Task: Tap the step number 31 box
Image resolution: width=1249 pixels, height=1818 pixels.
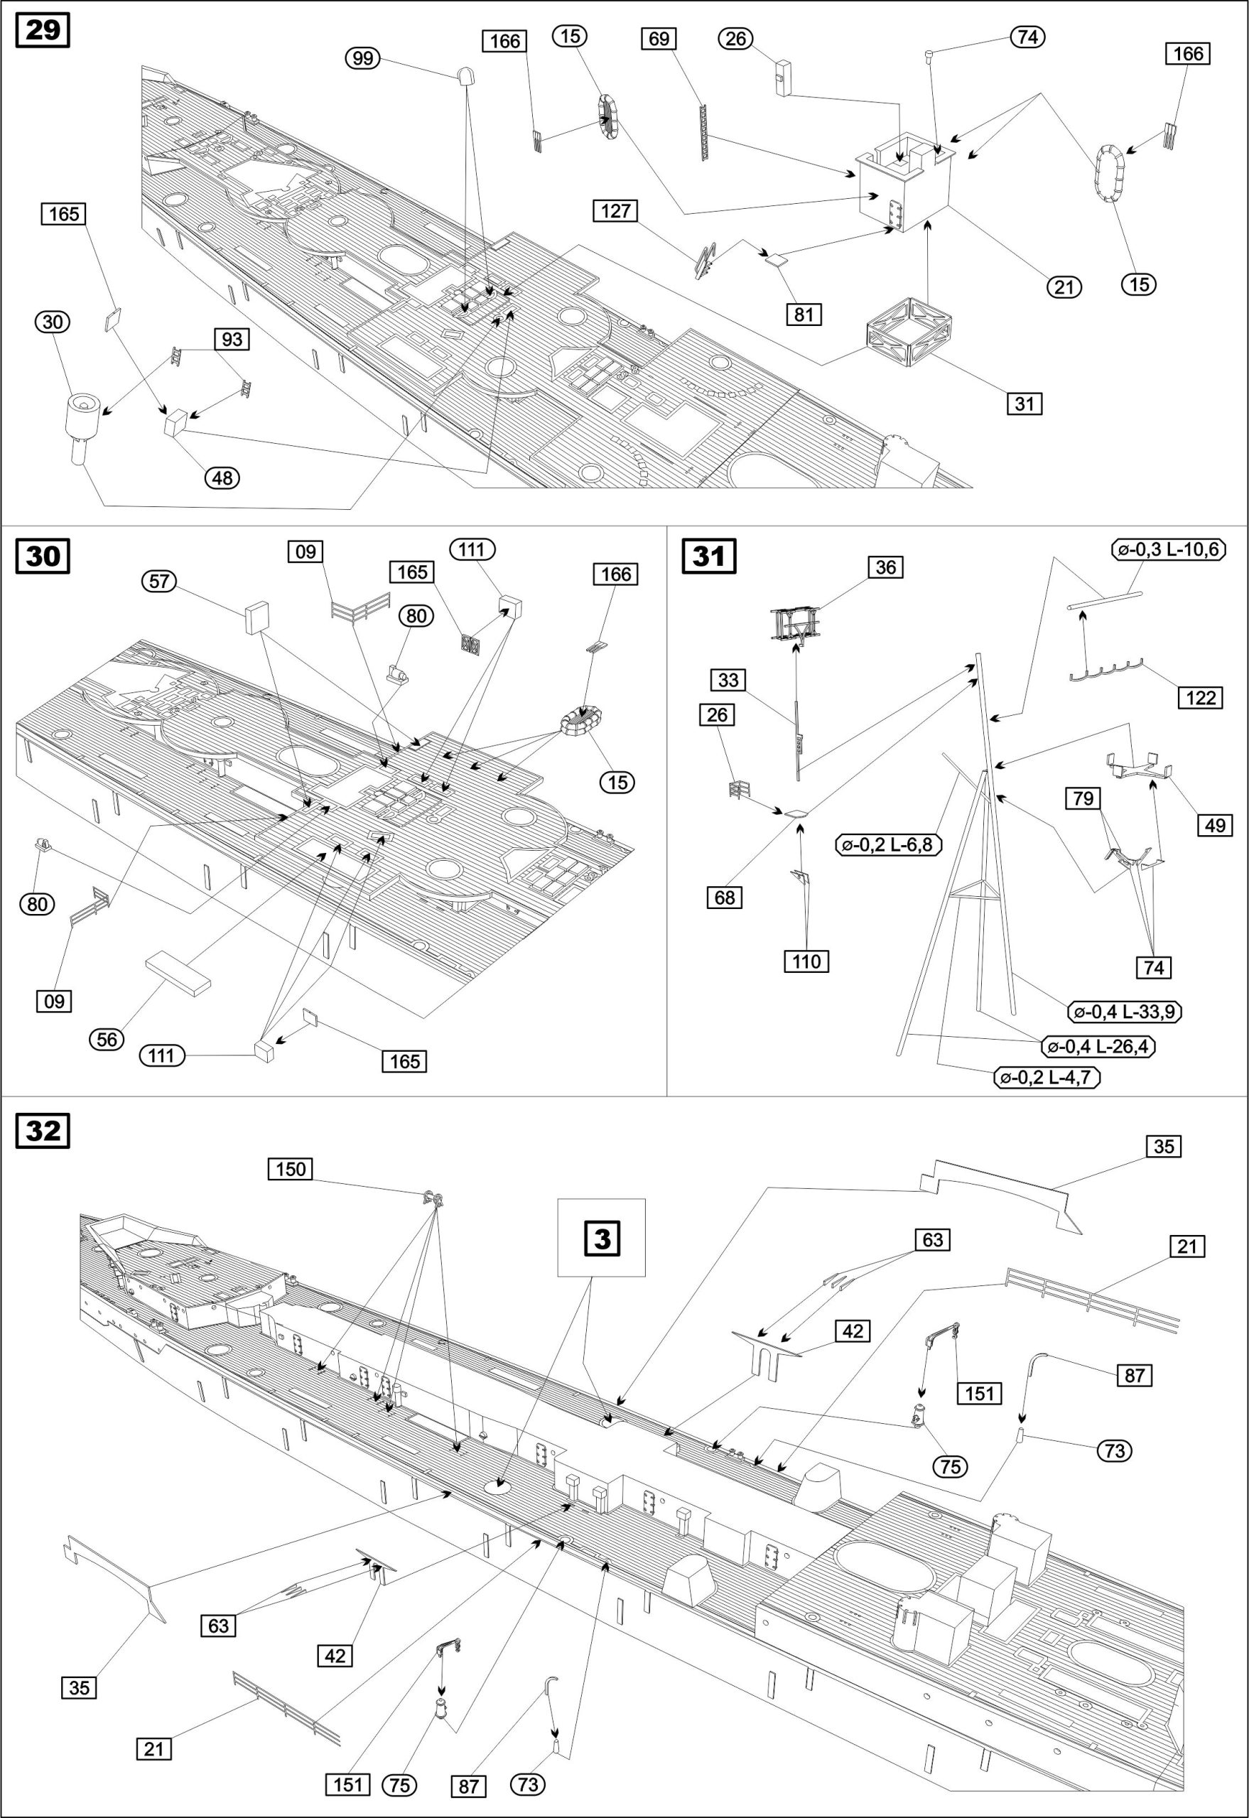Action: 709,555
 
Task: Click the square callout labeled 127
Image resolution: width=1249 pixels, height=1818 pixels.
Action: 616,211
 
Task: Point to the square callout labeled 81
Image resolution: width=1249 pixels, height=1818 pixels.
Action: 804,314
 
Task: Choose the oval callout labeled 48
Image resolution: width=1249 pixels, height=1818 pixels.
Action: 223,477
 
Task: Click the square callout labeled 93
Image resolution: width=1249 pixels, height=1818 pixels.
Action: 232,339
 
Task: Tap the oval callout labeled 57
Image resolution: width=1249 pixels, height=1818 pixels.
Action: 159,580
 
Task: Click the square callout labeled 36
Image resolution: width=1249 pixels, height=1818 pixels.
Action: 885,567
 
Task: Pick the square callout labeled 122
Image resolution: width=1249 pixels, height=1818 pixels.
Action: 1201,697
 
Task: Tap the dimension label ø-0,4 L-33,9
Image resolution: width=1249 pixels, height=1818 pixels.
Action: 1125,1011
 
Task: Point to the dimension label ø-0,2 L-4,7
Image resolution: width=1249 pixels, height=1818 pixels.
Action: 1047,1077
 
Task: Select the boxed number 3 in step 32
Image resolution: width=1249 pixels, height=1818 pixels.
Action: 601,1239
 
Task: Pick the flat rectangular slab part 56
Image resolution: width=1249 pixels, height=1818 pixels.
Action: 178,971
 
